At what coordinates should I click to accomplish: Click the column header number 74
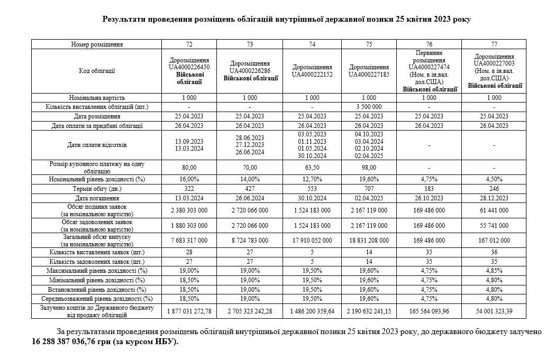pyautogui.click(x=312, y=44)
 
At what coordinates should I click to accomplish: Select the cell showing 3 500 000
pyautogui.click(x=369, y=107)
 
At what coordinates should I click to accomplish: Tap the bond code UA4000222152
pyautogui.click(x=312, y=75)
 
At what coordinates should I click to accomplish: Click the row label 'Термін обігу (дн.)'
pyautogui.click(x=97, y=189)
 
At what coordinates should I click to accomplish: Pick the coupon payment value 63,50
pyautogui.click(x=312, y=168)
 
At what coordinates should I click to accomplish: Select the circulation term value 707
pyautogui.click(x=369, y=189)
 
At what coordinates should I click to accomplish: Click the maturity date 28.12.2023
pyautogui.click(x=494, y=198)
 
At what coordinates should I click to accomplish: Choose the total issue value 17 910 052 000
pyautogui.click(x=312, y=240)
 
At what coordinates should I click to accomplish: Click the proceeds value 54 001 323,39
pyautogui.click(x=494, y=311)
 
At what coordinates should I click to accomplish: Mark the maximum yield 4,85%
pyautogui.click(x=494, y=271)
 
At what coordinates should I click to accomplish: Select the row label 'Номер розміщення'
pyautogui.click(x=97, y=44)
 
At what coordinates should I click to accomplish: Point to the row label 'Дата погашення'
pyautogui.click(x=97, y=198)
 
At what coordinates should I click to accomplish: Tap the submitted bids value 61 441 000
pyautogui.click(x=494, y=210)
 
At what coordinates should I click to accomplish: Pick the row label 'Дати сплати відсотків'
pyautogui.click(x=97, y=145)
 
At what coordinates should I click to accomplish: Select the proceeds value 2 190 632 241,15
pyautogui.click(x=369, y=311)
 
